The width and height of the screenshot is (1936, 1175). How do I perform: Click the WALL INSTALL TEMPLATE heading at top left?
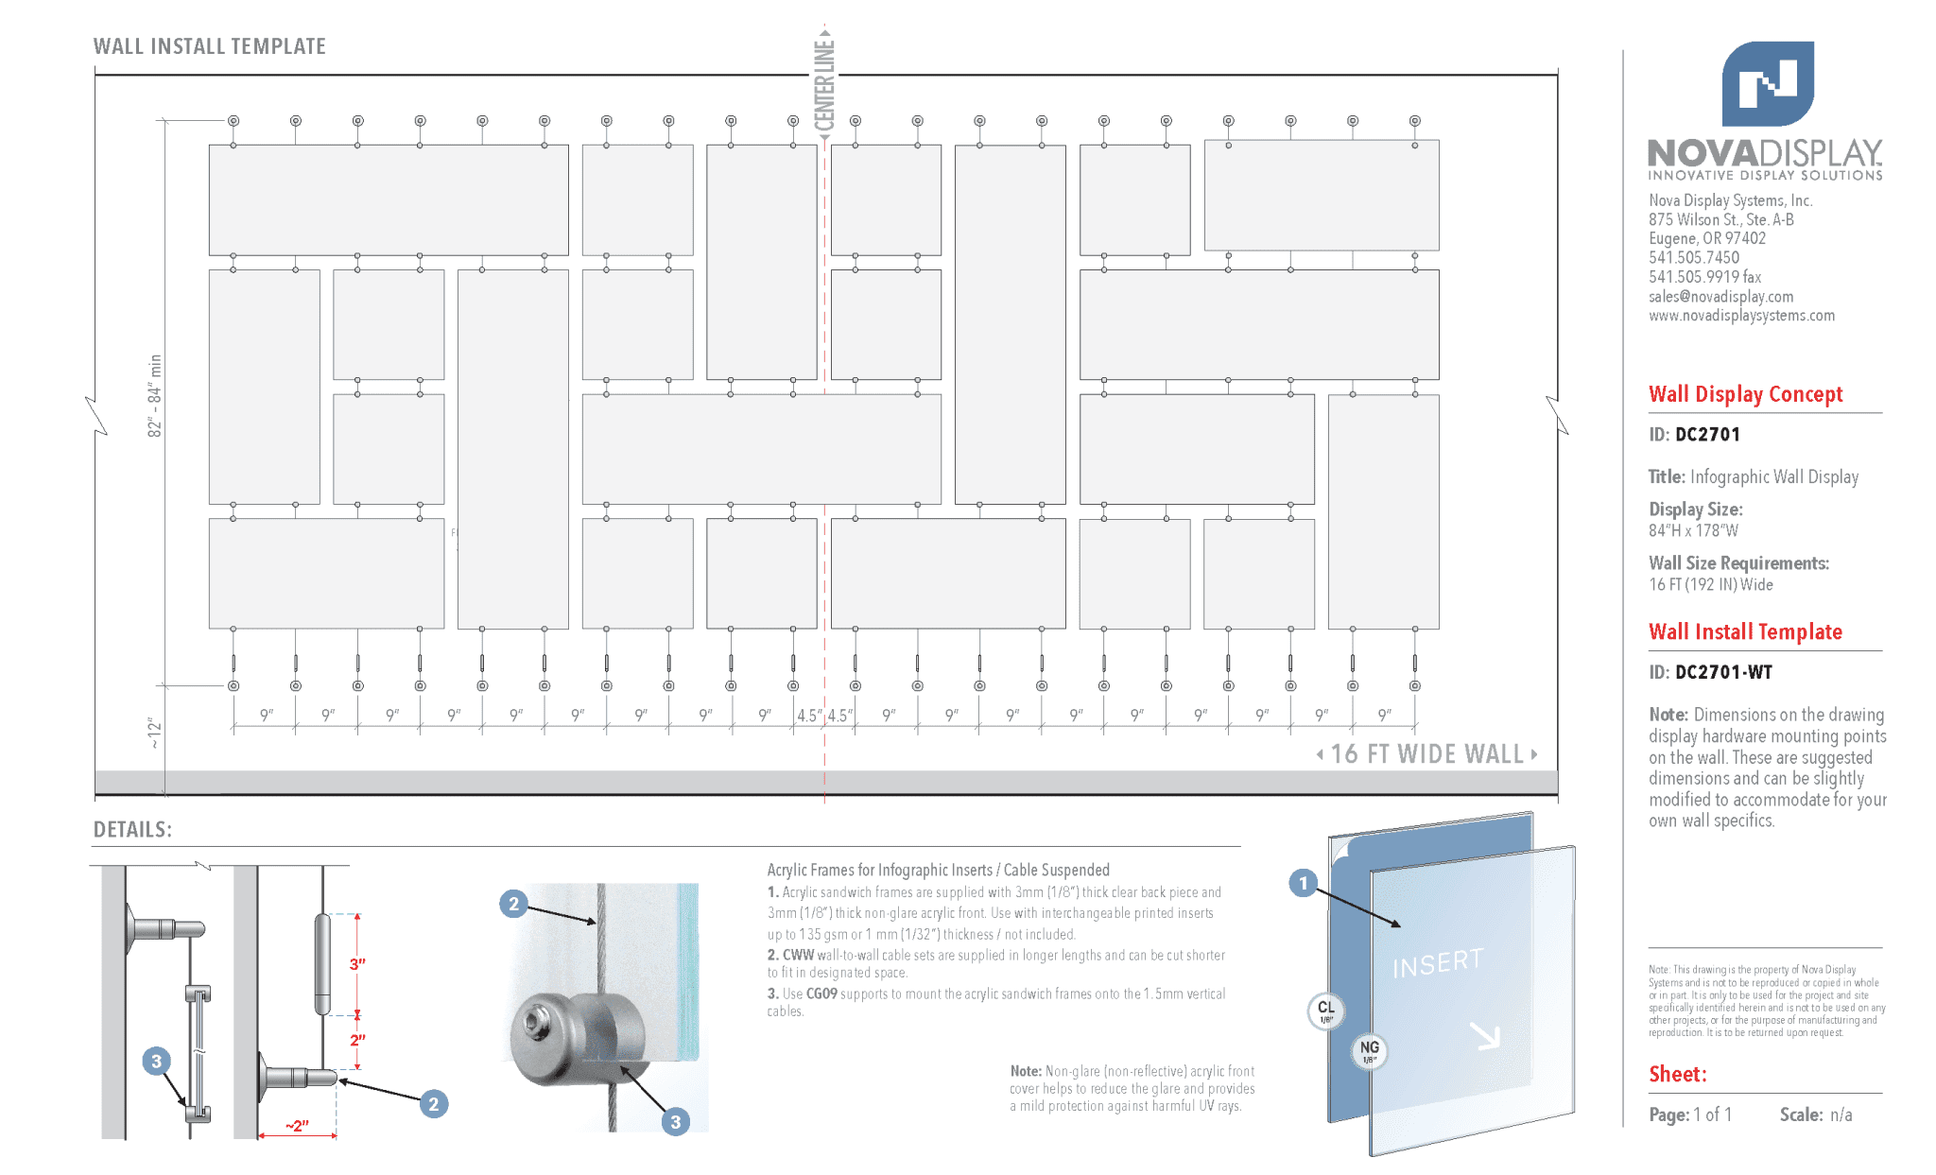coord(209,46)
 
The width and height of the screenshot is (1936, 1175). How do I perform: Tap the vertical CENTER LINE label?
coord(824,85)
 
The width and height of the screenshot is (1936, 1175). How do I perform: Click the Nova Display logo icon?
coord(1767,83)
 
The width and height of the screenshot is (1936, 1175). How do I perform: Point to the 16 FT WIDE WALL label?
coord(1426,754)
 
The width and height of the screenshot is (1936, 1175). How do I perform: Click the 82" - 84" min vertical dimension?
coord(155,395)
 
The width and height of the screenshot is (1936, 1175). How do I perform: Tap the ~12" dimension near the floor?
coord(155,734)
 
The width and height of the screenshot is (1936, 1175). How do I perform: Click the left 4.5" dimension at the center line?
coord(809,716)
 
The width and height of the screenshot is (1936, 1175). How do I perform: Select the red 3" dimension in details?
coord(357,964)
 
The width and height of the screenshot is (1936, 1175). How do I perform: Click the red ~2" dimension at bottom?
coord(297,1126)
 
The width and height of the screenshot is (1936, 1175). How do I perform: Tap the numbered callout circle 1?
coord(1303,883)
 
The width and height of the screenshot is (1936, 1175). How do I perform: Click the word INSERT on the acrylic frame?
coord(1437,963)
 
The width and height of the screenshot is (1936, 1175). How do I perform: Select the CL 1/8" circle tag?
coord(1326,1011)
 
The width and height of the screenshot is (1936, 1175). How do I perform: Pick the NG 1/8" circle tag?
coord(1369,1050)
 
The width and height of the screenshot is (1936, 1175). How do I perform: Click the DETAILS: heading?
coord(132,830)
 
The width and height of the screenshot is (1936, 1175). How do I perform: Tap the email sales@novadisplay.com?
coord(1720,297)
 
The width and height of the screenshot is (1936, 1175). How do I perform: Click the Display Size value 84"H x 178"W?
coord(1693,531)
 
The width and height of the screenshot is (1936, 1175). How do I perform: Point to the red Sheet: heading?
coord(1677,1074)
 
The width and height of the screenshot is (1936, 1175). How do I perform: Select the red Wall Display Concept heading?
coord(1745,394)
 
